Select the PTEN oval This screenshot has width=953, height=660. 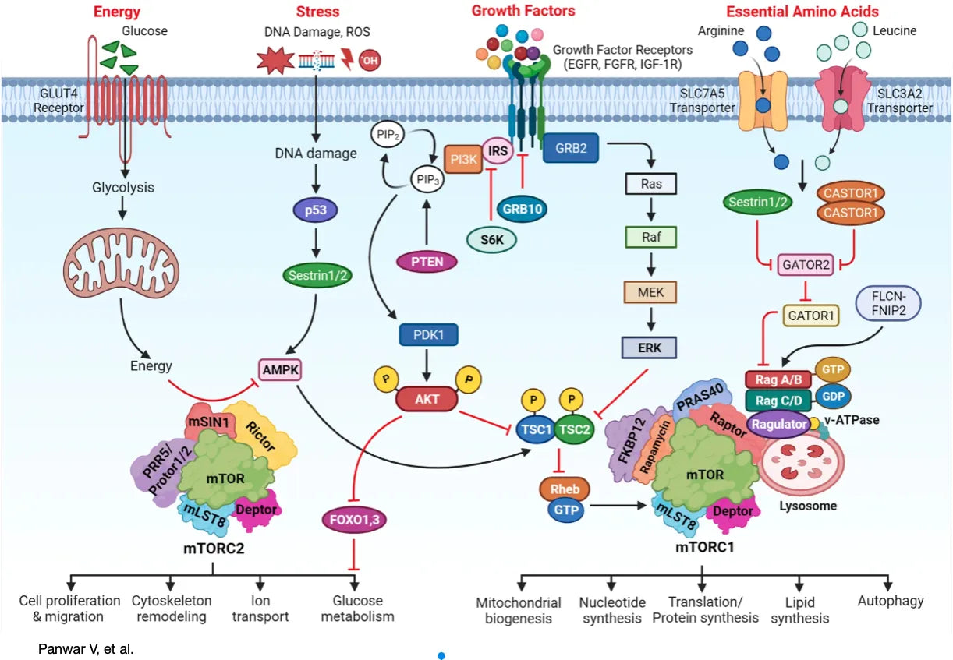coord(426,261)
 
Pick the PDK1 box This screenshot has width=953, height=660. coord(427,335)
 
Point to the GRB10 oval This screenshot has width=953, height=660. coord(523,209)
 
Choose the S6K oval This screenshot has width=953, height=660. coord(492,241)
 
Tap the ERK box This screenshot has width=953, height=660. coord(650,348)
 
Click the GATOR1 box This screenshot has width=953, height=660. coord(810,316)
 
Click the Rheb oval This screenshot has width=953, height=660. coord(565,489)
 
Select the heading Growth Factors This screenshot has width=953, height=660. coord(523,11)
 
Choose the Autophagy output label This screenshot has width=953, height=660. coord(890,601)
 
